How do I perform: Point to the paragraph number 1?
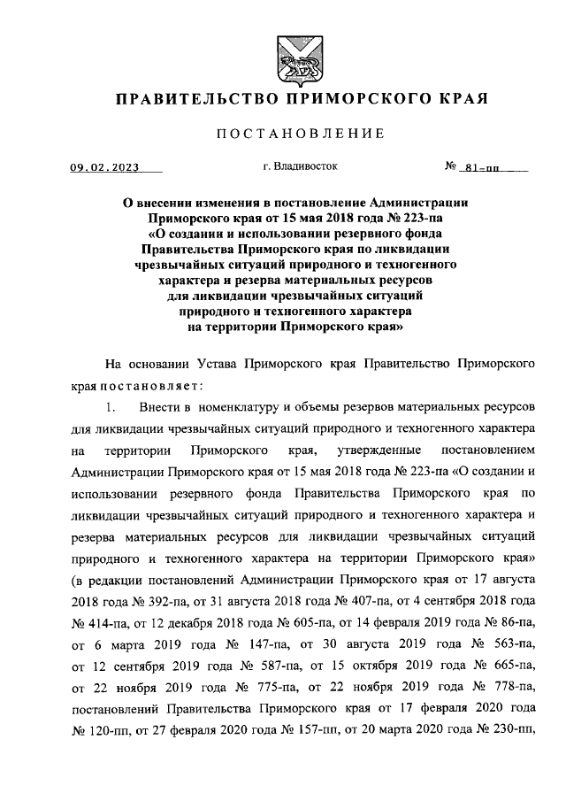click(x=110, y=407)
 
